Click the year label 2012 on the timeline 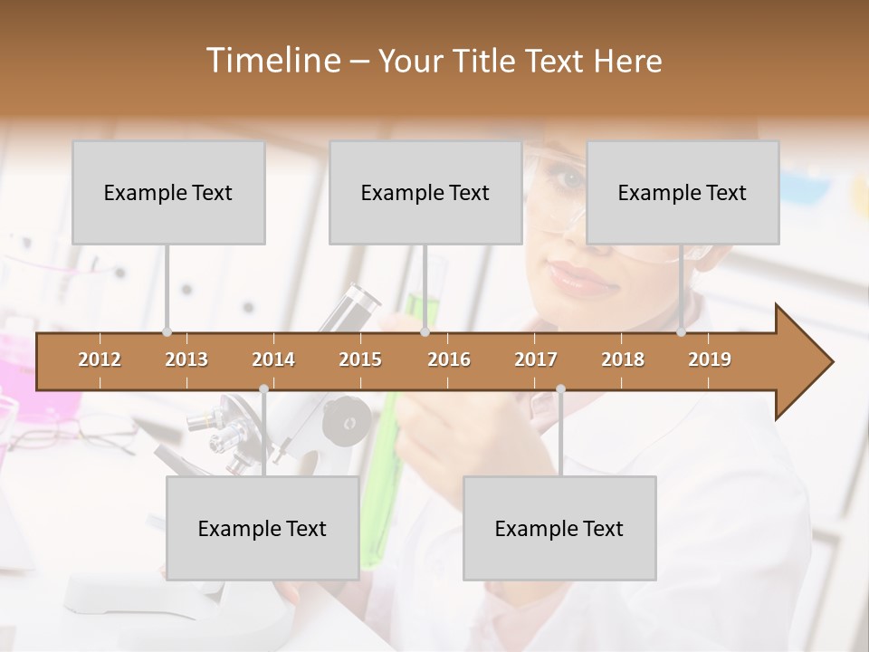pos(100,360)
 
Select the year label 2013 pos(186,360)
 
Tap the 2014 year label pos(273,360)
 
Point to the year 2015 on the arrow pos(360,360)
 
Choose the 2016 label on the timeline pos(449,360)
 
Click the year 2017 pos(536,360)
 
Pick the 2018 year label pos(623,360)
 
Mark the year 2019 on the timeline pos(710,360)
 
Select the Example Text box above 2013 pos(168,192)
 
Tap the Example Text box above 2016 pos(425,192)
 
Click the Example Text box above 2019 pos(683,192)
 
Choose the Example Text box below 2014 pos(263,528)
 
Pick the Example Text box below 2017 pos(559,528)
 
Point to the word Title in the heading pos(487,61)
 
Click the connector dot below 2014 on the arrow pos(263,389)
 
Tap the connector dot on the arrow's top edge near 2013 pos(167,332)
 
